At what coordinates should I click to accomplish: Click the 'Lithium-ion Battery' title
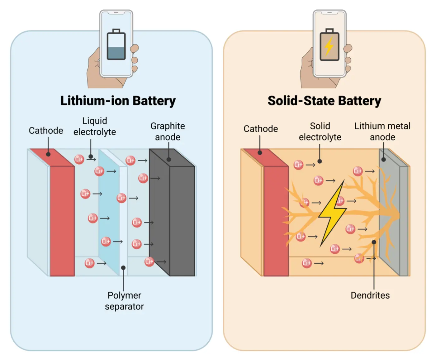click(118, 101)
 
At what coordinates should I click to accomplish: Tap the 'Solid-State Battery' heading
click(324, 101)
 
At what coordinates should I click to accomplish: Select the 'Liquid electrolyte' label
click(94, 126)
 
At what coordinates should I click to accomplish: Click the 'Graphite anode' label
click(168, 131)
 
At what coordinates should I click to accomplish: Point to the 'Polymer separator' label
click(124, 301)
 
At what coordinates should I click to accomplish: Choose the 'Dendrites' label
click(370, 295)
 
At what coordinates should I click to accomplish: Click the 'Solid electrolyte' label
click(320, 131)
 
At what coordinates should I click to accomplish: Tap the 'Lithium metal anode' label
click(382, 131)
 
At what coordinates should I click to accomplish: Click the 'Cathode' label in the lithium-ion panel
click(46, 130)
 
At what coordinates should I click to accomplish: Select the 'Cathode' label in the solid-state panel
click(261, 128)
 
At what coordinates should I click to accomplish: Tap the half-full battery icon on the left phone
click(116, 45)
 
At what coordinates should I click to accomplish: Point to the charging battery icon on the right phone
click(329, 45)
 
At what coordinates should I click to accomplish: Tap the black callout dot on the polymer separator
click(123, 268)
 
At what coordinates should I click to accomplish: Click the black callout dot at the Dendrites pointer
click(374, 242)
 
